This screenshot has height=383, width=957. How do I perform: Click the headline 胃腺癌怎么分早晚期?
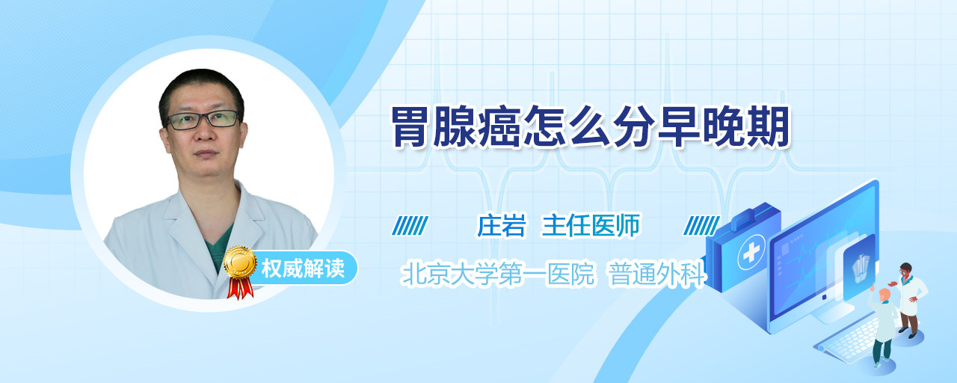591,127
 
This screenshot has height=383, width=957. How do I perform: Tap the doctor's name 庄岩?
502,225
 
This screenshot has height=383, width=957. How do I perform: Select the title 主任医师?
591,225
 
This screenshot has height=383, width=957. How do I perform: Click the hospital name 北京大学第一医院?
498,274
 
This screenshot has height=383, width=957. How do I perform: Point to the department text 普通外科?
656,274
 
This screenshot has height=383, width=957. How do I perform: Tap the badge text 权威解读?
303,269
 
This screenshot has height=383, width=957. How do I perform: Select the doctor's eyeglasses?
203,120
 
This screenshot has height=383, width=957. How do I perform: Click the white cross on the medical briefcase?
751,253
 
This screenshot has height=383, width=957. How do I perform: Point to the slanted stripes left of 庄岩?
410,226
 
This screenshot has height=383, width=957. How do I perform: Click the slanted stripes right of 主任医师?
701,226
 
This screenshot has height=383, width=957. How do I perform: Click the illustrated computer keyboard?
848,340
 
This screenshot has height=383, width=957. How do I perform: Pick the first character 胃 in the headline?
411,127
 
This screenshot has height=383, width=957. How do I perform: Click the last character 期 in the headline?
769,127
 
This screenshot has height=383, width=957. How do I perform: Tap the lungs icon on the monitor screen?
861,268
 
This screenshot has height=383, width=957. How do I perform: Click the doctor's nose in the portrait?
204,132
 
